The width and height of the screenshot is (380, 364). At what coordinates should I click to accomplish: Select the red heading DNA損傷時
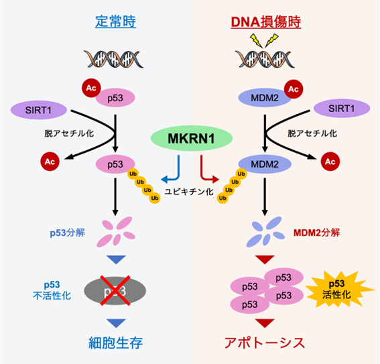[265, 22]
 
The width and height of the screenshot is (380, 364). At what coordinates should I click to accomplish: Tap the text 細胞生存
[117, 343]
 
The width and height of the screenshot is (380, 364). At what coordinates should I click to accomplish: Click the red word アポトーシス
[265, 343]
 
